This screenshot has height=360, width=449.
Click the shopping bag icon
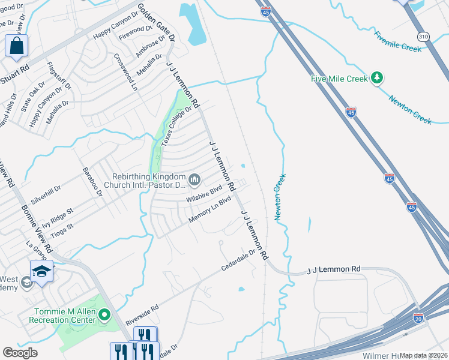tap(17, 46)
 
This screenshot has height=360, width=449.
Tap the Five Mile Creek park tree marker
tap(377, 77)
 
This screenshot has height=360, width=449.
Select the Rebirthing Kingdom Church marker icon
tap(194, 179)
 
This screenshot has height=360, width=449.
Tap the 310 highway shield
tap(423, 37)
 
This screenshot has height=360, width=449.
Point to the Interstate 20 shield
tap(418, 317)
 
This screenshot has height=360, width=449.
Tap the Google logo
tap(20, 353)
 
